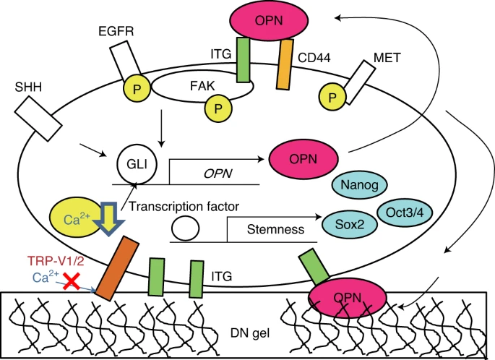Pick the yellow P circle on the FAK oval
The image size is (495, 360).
[x=216, y=108]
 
